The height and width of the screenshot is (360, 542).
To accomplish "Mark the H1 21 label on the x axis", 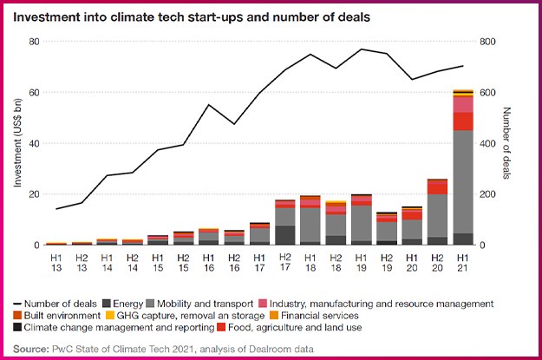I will [463, 263].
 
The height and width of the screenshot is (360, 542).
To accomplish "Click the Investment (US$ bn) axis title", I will [16, 143].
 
